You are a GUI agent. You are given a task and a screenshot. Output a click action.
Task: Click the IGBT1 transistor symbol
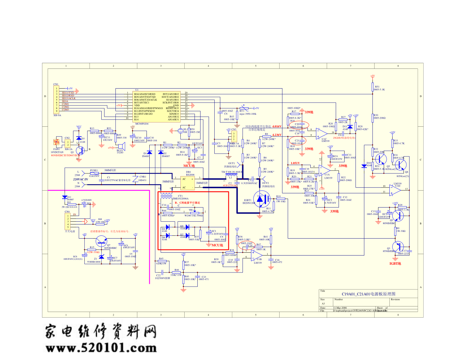coord(262,199)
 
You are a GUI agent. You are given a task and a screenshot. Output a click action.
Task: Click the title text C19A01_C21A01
coord(368,294)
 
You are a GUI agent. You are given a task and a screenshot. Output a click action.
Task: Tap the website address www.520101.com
coord(101,348)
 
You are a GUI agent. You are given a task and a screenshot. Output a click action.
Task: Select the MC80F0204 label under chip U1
coord(142,124)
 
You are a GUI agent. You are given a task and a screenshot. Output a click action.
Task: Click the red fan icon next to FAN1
coord(56,142)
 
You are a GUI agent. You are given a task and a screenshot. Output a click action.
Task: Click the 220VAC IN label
coord(80,179)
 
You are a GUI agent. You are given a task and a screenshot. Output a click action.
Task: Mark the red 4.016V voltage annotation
coord(277,126)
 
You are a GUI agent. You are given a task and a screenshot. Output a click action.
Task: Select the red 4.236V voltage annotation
coord(277,135)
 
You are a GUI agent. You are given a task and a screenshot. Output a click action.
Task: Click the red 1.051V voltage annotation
coord(295,163)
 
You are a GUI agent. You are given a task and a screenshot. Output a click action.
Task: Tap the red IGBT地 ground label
coord(395,264)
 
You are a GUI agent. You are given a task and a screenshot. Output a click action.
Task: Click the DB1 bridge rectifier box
coord(188,183)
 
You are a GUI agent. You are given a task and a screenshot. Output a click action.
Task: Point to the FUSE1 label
coord(94,170)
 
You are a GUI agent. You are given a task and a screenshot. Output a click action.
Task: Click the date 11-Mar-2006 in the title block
coord(340,308)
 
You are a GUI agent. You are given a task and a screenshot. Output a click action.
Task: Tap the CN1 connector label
coord(56,84)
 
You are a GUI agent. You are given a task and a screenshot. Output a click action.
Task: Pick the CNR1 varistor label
coord(143,176)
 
